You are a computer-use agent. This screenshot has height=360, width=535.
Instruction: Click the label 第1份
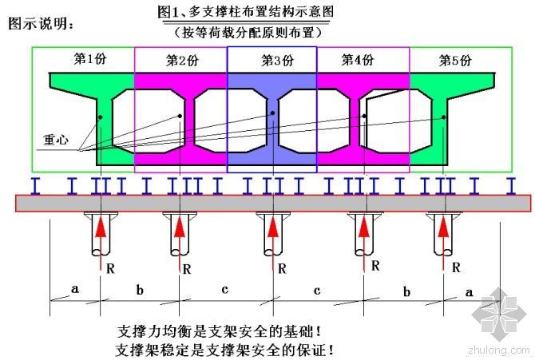(89, 58)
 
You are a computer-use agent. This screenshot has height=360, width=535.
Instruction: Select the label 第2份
(182, 60)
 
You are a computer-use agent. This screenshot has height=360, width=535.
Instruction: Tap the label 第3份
(277, 60)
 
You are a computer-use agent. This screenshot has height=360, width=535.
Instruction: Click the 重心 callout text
(56, 138)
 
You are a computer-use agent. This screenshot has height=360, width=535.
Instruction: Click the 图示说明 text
(42, 23)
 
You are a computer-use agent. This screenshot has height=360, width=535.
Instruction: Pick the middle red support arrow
(271, 235)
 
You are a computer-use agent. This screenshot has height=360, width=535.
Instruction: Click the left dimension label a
(75, 289)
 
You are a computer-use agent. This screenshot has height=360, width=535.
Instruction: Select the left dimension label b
(140, 291)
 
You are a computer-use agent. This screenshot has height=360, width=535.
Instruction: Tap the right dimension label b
(406, 292)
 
